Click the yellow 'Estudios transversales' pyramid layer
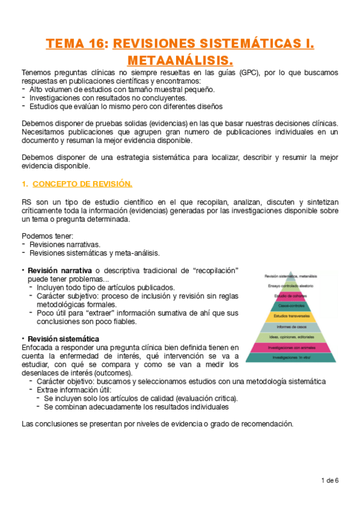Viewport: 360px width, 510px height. click(x=291, y=316)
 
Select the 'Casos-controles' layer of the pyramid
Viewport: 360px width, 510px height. click(x=291, y=306)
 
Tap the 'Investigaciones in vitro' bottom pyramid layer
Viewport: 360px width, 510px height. click(x=291, y=357)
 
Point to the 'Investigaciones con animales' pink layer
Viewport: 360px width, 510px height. click(x=291, y=347)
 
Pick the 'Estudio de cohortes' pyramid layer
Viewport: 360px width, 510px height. click(x=291, y=296)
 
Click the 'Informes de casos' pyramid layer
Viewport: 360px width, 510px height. click(x=291, y=326)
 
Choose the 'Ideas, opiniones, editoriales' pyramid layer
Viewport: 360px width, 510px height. click(x=291, y=336)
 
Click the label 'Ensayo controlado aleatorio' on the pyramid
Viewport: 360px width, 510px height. click(x=291, y=286)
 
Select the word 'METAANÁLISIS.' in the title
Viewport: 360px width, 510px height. click(x=180, y=60)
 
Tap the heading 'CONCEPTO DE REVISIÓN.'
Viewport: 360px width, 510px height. click(x=82, y=183)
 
